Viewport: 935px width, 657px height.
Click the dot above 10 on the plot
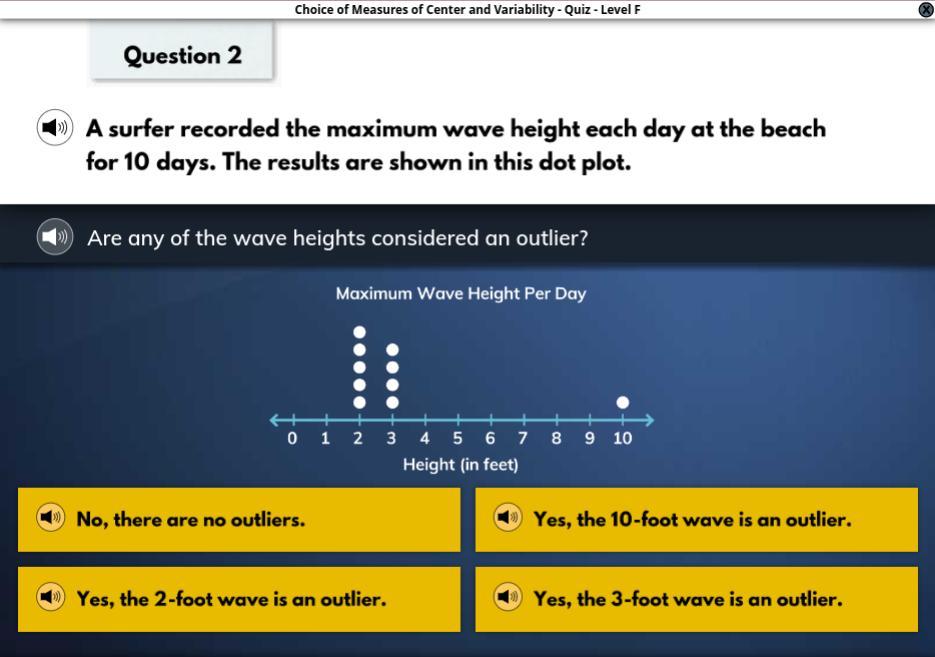pos(623,402)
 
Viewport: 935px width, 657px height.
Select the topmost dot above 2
pos(360,332)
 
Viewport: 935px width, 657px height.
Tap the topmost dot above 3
pos(392,349)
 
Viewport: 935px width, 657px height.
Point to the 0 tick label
pos(292,438)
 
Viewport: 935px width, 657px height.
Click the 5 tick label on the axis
pos(457,438)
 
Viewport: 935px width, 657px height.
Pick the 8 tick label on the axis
pos(556,438)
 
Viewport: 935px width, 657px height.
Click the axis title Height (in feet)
pos(460,464)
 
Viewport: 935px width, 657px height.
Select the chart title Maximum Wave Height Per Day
pos(461,293)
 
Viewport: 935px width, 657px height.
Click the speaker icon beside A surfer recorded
pos(55,128)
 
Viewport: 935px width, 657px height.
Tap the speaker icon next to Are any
pos(55,237)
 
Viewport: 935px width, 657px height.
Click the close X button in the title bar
pos(926,10)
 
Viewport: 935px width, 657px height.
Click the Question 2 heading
pos(182,55)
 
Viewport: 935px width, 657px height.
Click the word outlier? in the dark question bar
pos(552,238)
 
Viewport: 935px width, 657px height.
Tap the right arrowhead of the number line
pos(649,420)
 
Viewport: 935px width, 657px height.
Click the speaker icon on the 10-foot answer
pos(507,517)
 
